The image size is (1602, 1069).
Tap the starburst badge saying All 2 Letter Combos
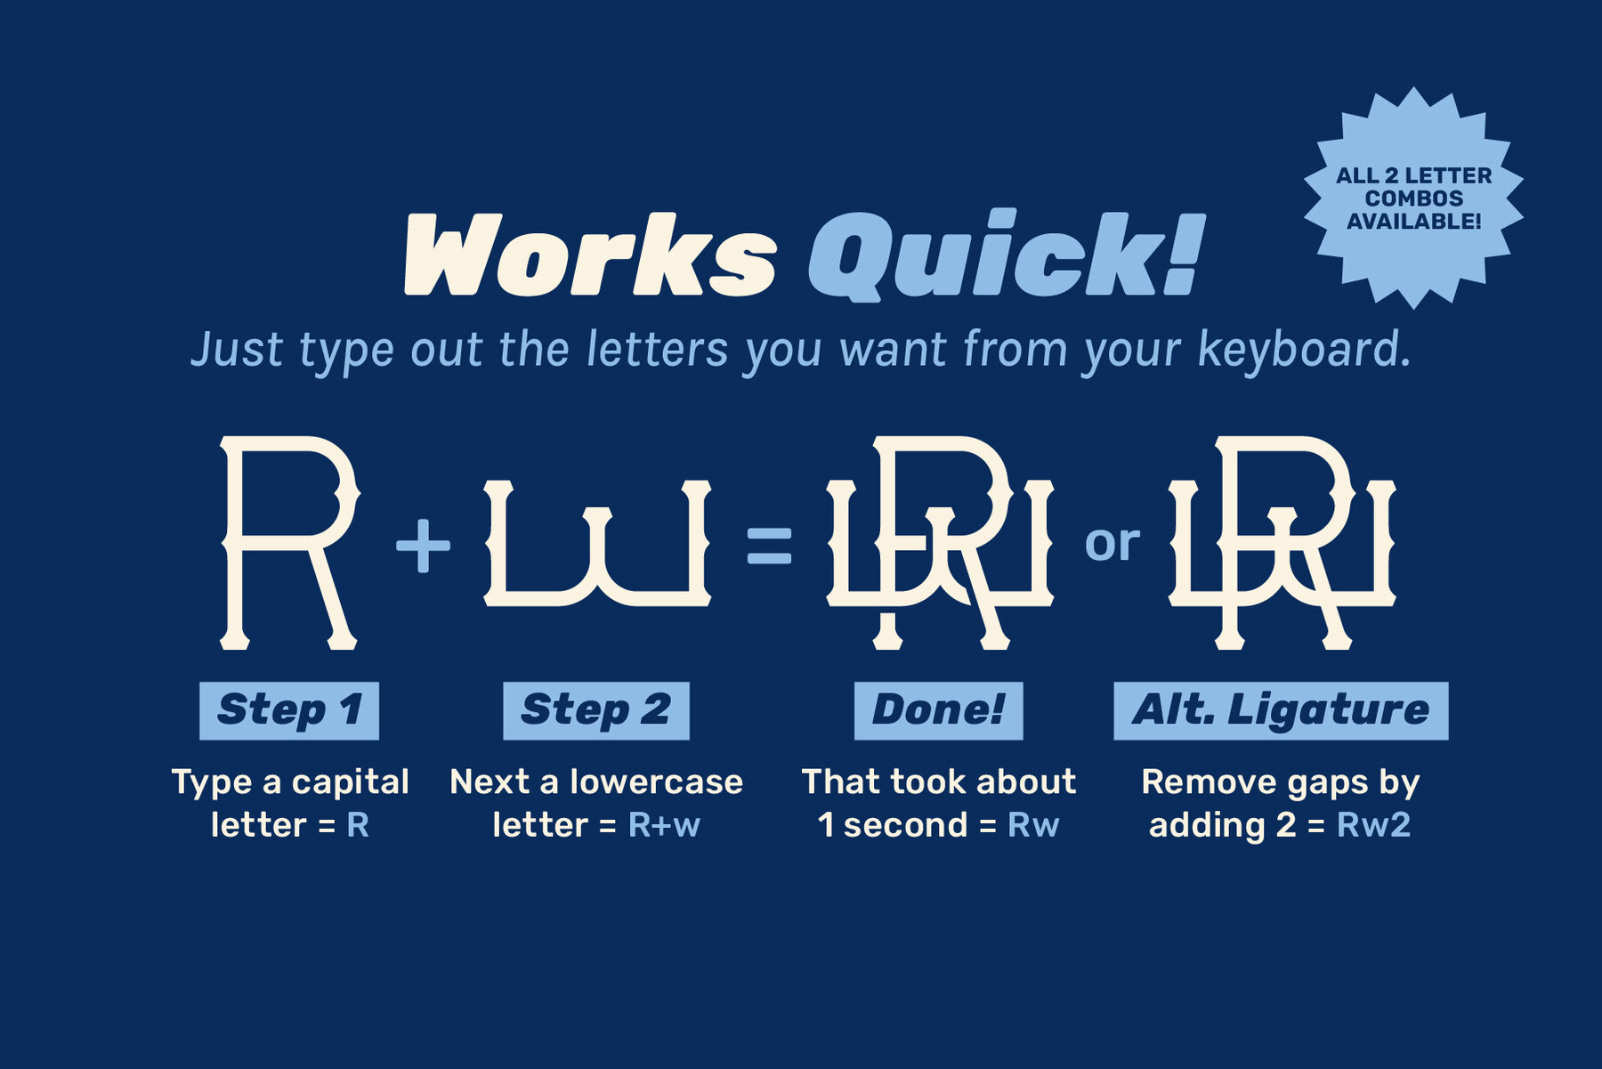point(1413,198)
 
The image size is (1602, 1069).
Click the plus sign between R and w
point(423,545)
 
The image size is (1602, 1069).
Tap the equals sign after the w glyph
point(769,546)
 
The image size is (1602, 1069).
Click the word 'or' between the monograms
point(1112,542)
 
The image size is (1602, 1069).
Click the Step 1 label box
point(289,710)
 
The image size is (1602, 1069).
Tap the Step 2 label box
point(596,710)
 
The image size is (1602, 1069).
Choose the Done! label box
point(939,710)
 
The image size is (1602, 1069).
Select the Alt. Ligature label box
point(1281,710)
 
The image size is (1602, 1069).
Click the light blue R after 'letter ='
point(358,825)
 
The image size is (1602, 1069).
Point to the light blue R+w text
point(664,825)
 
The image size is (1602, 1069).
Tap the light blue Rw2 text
point(1373,825)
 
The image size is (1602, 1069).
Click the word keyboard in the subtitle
point(1304,349)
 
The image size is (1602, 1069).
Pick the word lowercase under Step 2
point(657,782)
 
